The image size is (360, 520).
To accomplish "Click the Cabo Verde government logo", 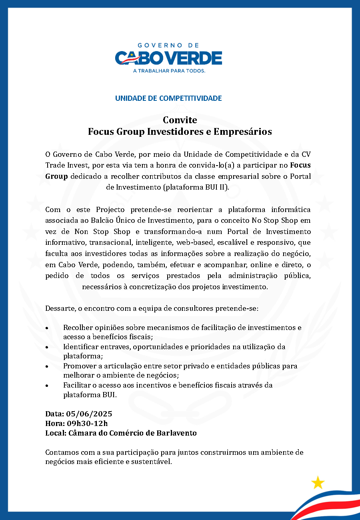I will coord(168,58).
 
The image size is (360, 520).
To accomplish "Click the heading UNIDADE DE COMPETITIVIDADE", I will coord(168,98).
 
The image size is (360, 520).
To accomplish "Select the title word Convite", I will coord(180,120).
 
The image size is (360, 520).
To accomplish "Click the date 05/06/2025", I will coord(89,414).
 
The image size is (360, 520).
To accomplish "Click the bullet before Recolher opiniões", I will coord(47,328).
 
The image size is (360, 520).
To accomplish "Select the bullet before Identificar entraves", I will coord(47,347).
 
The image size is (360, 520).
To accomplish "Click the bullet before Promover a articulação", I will coord(47,366).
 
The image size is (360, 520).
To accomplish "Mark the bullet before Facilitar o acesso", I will coord(47,385).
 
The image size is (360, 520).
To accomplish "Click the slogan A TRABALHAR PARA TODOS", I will coord(169,71).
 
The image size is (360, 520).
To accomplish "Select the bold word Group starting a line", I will coord(56,176).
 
